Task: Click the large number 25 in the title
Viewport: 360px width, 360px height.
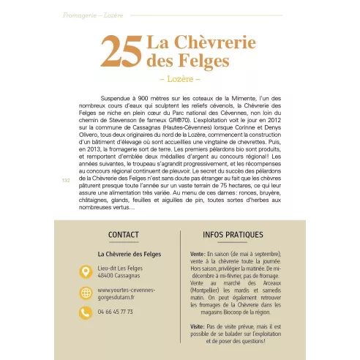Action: tap(121, 53)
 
